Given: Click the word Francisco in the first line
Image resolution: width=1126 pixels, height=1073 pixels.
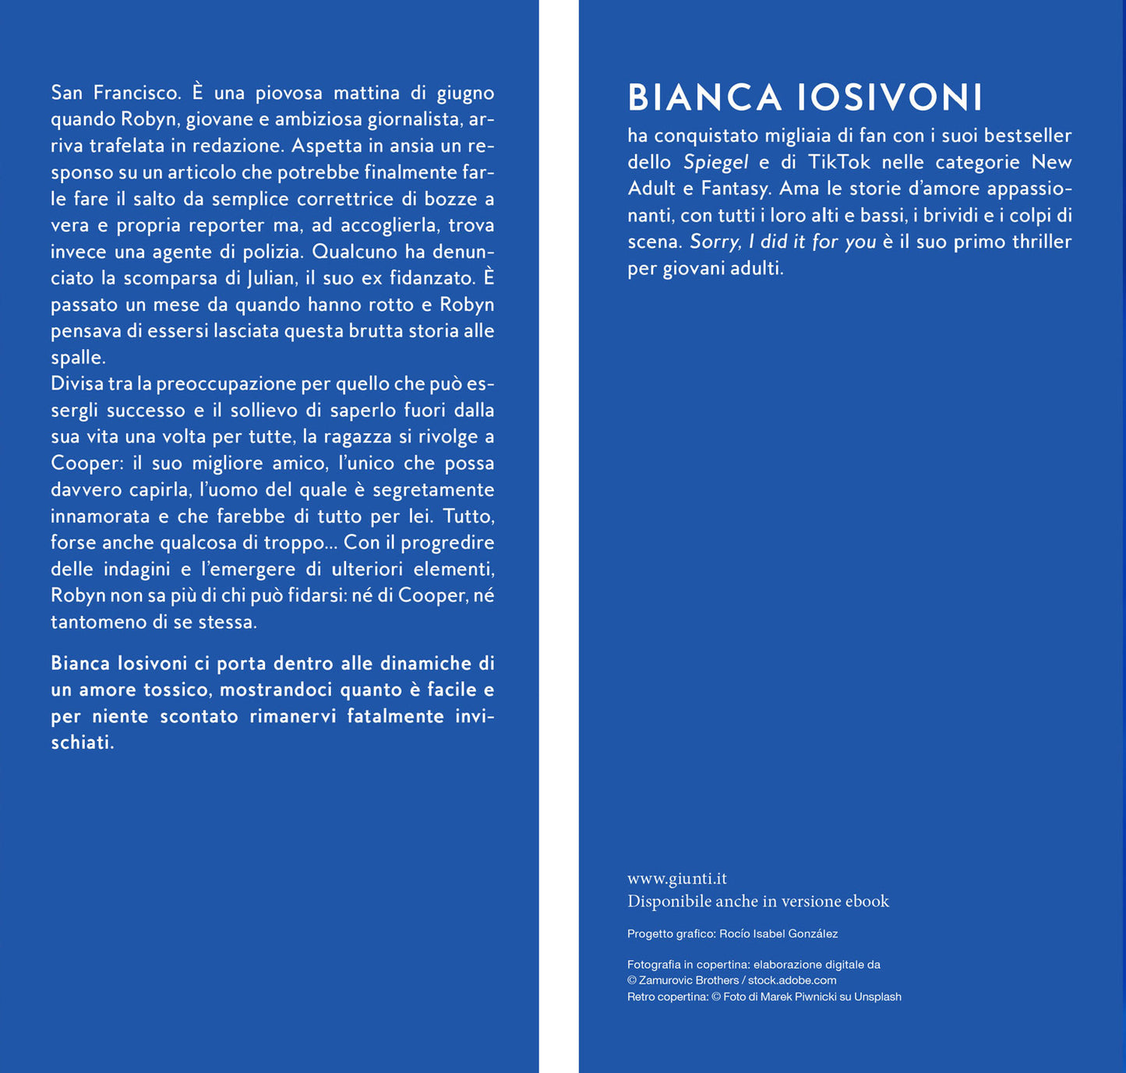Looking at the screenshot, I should tap(136, 93).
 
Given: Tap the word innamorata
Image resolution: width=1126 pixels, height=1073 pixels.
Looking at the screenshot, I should tap(100, 516).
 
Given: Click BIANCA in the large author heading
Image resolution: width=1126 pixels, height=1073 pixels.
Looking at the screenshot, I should tap(704, 98).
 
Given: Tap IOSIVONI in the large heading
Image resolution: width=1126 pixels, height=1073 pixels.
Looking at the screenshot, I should tap(889, 98).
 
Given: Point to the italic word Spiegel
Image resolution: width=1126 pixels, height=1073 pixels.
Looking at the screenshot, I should tap(715, 162).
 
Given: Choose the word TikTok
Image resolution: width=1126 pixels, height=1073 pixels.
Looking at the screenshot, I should tap(838, 162).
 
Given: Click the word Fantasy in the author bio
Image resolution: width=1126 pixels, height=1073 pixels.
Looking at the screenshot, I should tap(733, 189).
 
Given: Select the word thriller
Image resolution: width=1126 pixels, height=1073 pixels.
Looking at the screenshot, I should tap(1042, 242).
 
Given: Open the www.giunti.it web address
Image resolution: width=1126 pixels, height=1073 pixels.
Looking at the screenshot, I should tap(676, 878).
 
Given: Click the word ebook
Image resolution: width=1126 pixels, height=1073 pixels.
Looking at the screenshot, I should tap(867, 902).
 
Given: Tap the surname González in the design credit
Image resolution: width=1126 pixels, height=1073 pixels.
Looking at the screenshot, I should tap(813, 934).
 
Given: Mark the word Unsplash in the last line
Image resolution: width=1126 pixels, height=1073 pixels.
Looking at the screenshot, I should tap(877, 997).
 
